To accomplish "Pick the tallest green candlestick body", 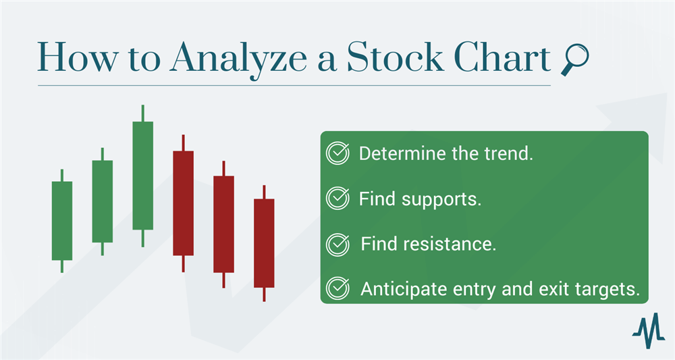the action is (143, 176).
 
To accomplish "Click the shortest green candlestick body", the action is (62, 221).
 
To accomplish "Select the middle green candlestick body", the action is (103, 201).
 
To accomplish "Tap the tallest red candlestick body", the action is (184, 203).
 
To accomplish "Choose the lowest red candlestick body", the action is (264, 243).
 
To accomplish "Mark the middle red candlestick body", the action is (224, 224).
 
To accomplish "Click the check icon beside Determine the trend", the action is (337, 153).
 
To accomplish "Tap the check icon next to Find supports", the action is (337, 198).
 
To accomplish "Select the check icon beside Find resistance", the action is (337, 244).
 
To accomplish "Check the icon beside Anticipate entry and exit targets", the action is (337, 288).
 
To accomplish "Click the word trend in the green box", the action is (509, 154).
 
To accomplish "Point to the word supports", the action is (441, 200).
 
